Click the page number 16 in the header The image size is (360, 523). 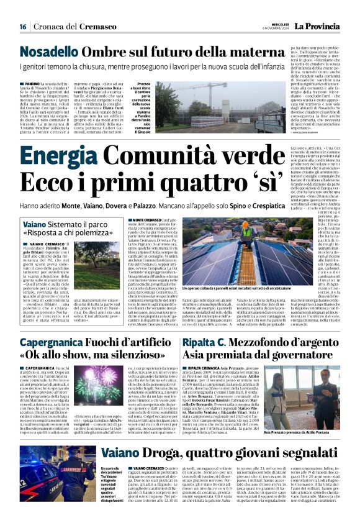pyautogui.click(x=22, y=27)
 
